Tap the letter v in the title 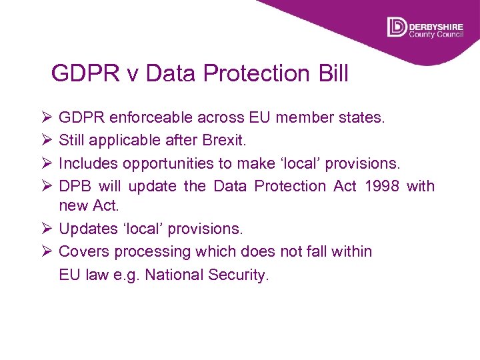coord(133,74)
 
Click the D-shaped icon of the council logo coord(397,27)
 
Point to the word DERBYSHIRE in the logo coord(436,23)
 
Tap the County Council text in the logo coord(436,33)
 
